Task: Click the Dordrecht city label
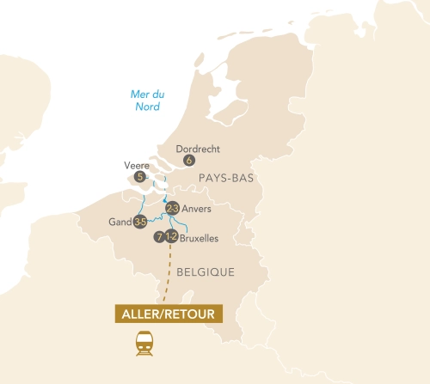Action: click(x=197, y=148)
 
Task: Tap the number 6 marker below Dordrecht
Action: click(x=189, y=160)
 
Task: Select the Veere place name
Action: click(x=137, y=165)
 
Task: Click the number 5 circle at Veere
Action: click(x=141, y=177)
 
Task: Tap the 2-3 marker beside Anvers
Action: click(x=172, y=209)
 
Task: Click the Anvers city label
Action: click(x=197, y=209)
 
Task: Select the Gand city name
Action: click(x=120, y=222)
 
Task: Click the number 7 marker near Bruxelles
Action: click(x=159, y=237)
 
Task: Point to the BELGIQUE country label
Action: click(x=206, y=271)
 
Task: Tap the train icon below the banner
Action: click(x=144, y=344)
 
